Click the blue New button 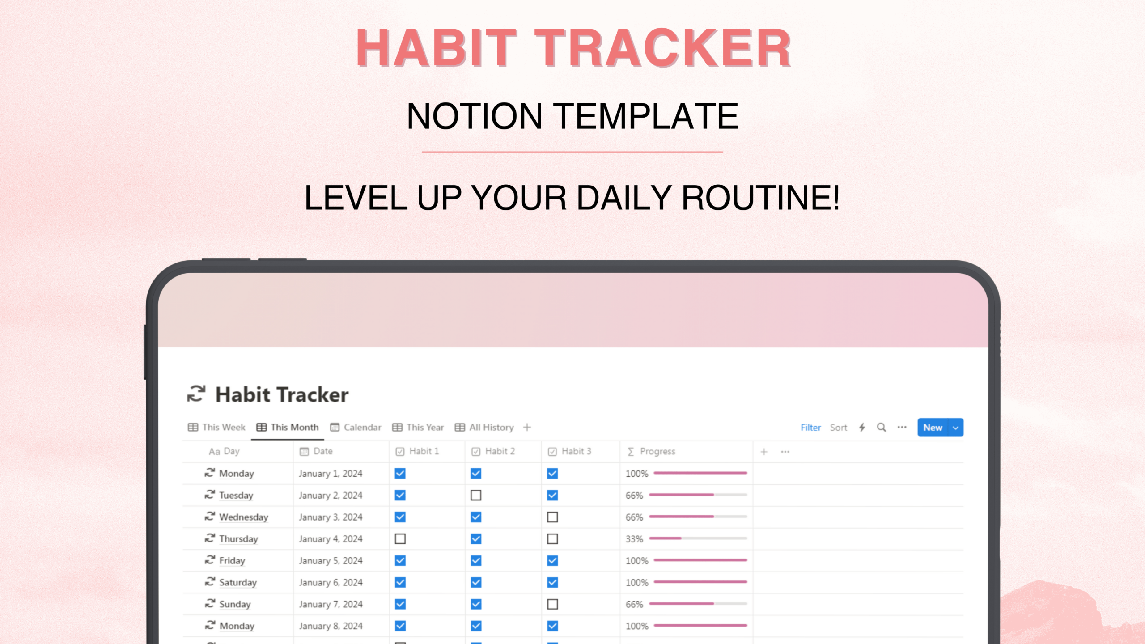tap(933, 428)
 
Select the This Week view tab tap(217, 428)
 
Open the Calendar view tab tap(356, 428)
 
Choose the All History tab tap(485, 428)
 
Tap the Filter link tap(810, 428)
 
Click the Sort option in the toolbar tap(838, 428)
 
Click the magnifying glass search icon tap(881, 428)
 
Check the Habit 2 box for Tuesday tap(476, 495)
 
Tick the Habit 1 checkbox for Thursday tap(400, 539)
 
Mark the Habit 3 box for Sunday tap(552, 604)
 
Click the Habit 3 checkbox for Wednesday tap(552, 517)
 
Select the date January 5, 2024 tap(331, 561)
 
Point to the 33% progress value tap(634, 539)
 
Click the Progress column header tap(657, 451)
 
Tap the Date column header tap(322, 451)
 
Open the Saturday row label tap(237, 582)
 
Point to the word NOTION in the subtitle tap(474, 116)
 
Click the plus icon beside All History tap(527, 428)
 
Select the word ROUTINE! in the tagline tap(760, 198)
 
